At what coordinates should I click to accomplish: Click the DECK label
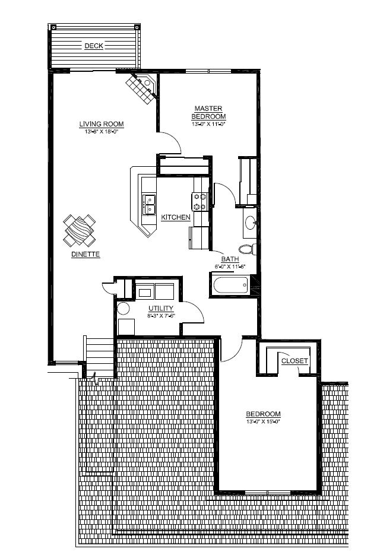click(93, 46)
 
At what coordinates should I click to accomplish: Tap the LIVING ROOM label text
click(102, 124)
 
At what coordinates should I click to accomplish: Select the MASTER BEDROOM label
click(208, 112)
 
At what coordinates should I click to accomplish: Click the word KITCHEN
click(176, 218)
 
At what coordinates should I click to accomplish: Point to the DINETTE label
click(85, 254)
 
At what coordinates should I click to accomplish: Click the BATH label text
click(230, 259)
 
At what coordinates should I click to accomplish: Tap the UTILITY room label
click(161, 308)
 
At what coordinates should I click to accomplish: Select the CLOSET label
click(294, 361)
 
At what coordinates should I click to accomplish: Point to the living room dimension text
click(102, 131)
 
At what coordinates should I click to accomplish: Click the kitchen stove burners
click(199, 202)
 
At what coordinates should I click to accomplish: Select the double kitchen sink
click(148, 204)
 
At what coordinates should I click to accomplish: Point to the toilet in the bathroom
click(246, 248)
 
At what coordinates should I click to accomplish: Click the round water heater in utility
click(123, 309)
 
